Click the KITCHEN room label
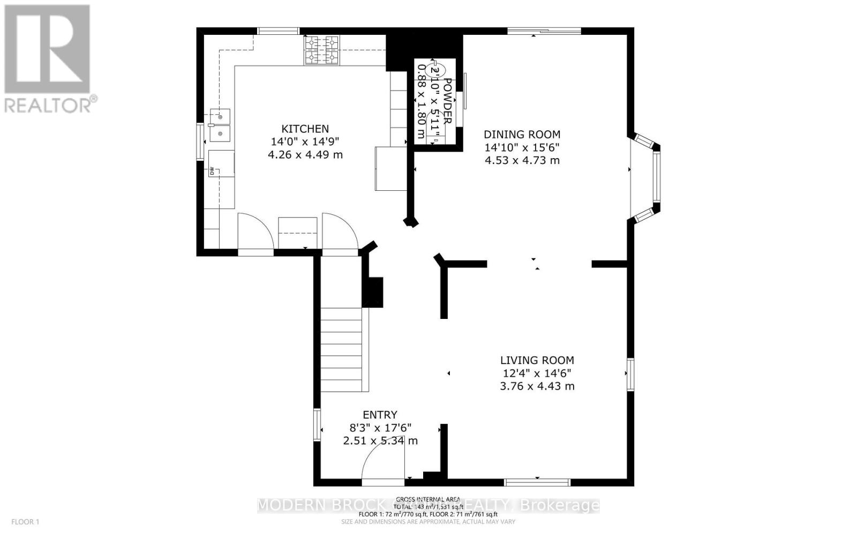pos(305,129)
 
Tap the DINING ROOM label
pos(522,135)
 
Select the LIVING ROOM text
pos(537,361)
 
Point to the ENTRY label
pos(380,415)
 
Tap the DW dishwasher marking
pos(212,172)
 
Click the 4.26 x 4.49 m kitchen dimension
pos(305,155)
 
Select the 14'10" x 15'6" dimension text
pos(522,147)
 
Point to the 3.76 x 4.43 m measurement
pos(537,386)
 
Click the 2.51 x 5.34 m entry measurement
pos(380,441)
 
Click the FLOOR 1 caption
pos(26,522)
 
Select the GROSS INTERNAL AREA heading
pos(428,499)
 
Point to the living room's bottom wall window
pos(537,482)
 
